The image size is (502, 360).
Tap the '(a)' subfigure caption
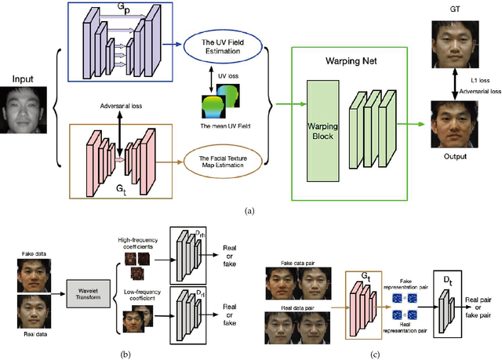tap(250, 210)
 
